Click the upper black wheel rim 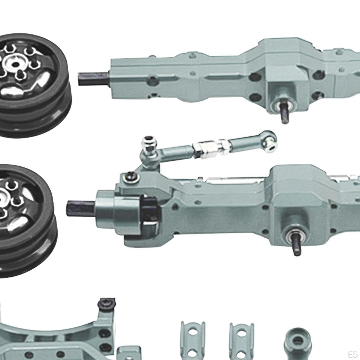point(34,85)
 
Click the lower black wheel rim point(27,220)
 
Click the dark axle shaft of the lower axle point(81,208)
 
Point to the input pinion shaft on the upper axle point(284,112)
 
